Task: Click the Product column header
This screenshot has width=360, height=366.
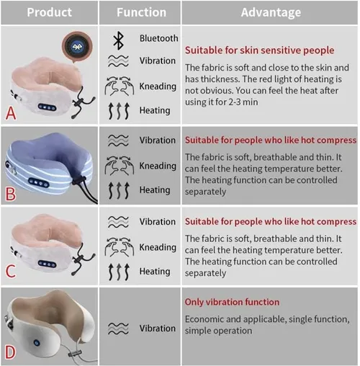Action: click(x=49, y=12)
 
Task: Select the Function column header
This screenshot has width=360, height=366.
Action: click(x=141, y=12)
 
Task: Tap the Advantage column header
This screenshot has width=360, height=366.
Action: click(x=271, y=12)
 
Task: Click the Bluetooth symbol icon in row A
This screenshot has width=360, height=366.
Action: click(x=118, y=40)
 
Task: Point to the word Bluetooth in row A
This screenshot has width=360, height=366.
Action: click(x=159, y=38)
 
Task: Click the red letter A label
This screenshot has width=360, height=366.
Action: click(x=11, y=113)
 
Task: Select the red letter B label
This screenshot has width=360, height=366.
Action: click(x=11, y=194)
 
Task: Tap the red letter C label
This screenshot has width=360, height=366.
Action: click(x=11, y=271)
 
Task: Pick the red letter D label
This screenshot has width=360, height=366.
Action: click(x=11, y=352)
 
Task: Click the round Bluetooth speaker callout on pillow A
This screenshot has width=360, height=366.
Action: click(x=77, y=46)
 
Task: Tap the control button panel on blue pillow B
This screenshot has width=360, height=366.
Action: click(x=39, y=183)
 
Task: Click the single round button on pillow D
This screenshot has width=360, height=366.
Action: click(x=37, y=343)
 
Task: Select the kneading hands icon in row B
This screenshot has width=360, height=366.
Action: click(x=120, y=166)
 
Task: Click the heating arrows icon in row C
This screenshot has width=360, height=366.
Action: click(x=119, y=272)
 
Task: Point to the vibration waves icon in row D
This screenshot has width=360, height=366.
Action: click(x=118, y=329)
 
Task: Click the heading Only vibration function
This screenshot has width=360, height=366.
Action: click(x=232, y=302)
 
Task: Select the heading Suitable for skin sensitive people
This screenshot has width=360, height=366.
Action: click(x=259, y=50)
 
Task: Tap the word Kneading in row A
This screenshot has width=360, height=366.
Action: click(x=158, y=86)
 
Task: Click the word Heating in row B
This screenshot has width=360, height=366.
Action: click(x=155, y=190)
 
